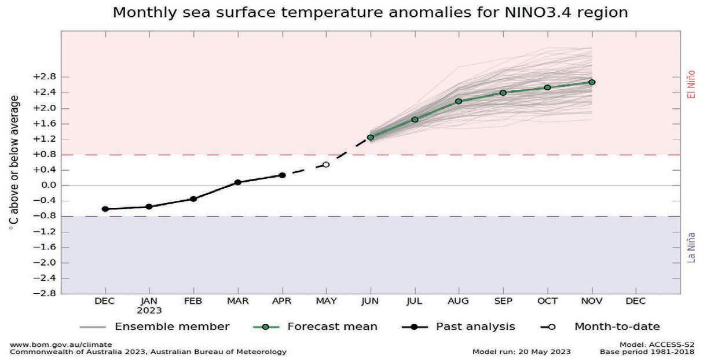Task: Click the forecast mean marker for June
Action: click(371, 137)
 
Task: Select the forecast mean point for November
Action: click(592, 82)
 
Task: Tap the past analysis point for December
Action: click(105, 209)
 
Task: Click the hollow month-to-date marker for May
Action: click(326, 165)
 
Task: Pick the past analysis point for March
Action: click(238, 182)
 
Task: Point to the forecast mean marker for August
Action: click(459, 101)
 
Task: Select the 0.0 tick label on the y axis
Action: click(47, 185)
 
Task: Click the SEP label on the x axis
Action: click(503, 302)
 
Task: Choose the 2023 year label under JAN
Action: click(149, 310)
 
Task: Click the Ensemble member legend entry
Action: click(172, 327)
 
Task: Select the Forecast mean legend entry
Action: click(332, 327)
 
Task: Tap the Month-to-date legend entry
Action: click(617, 327)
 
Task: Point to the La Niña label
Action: click(691, 247)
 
